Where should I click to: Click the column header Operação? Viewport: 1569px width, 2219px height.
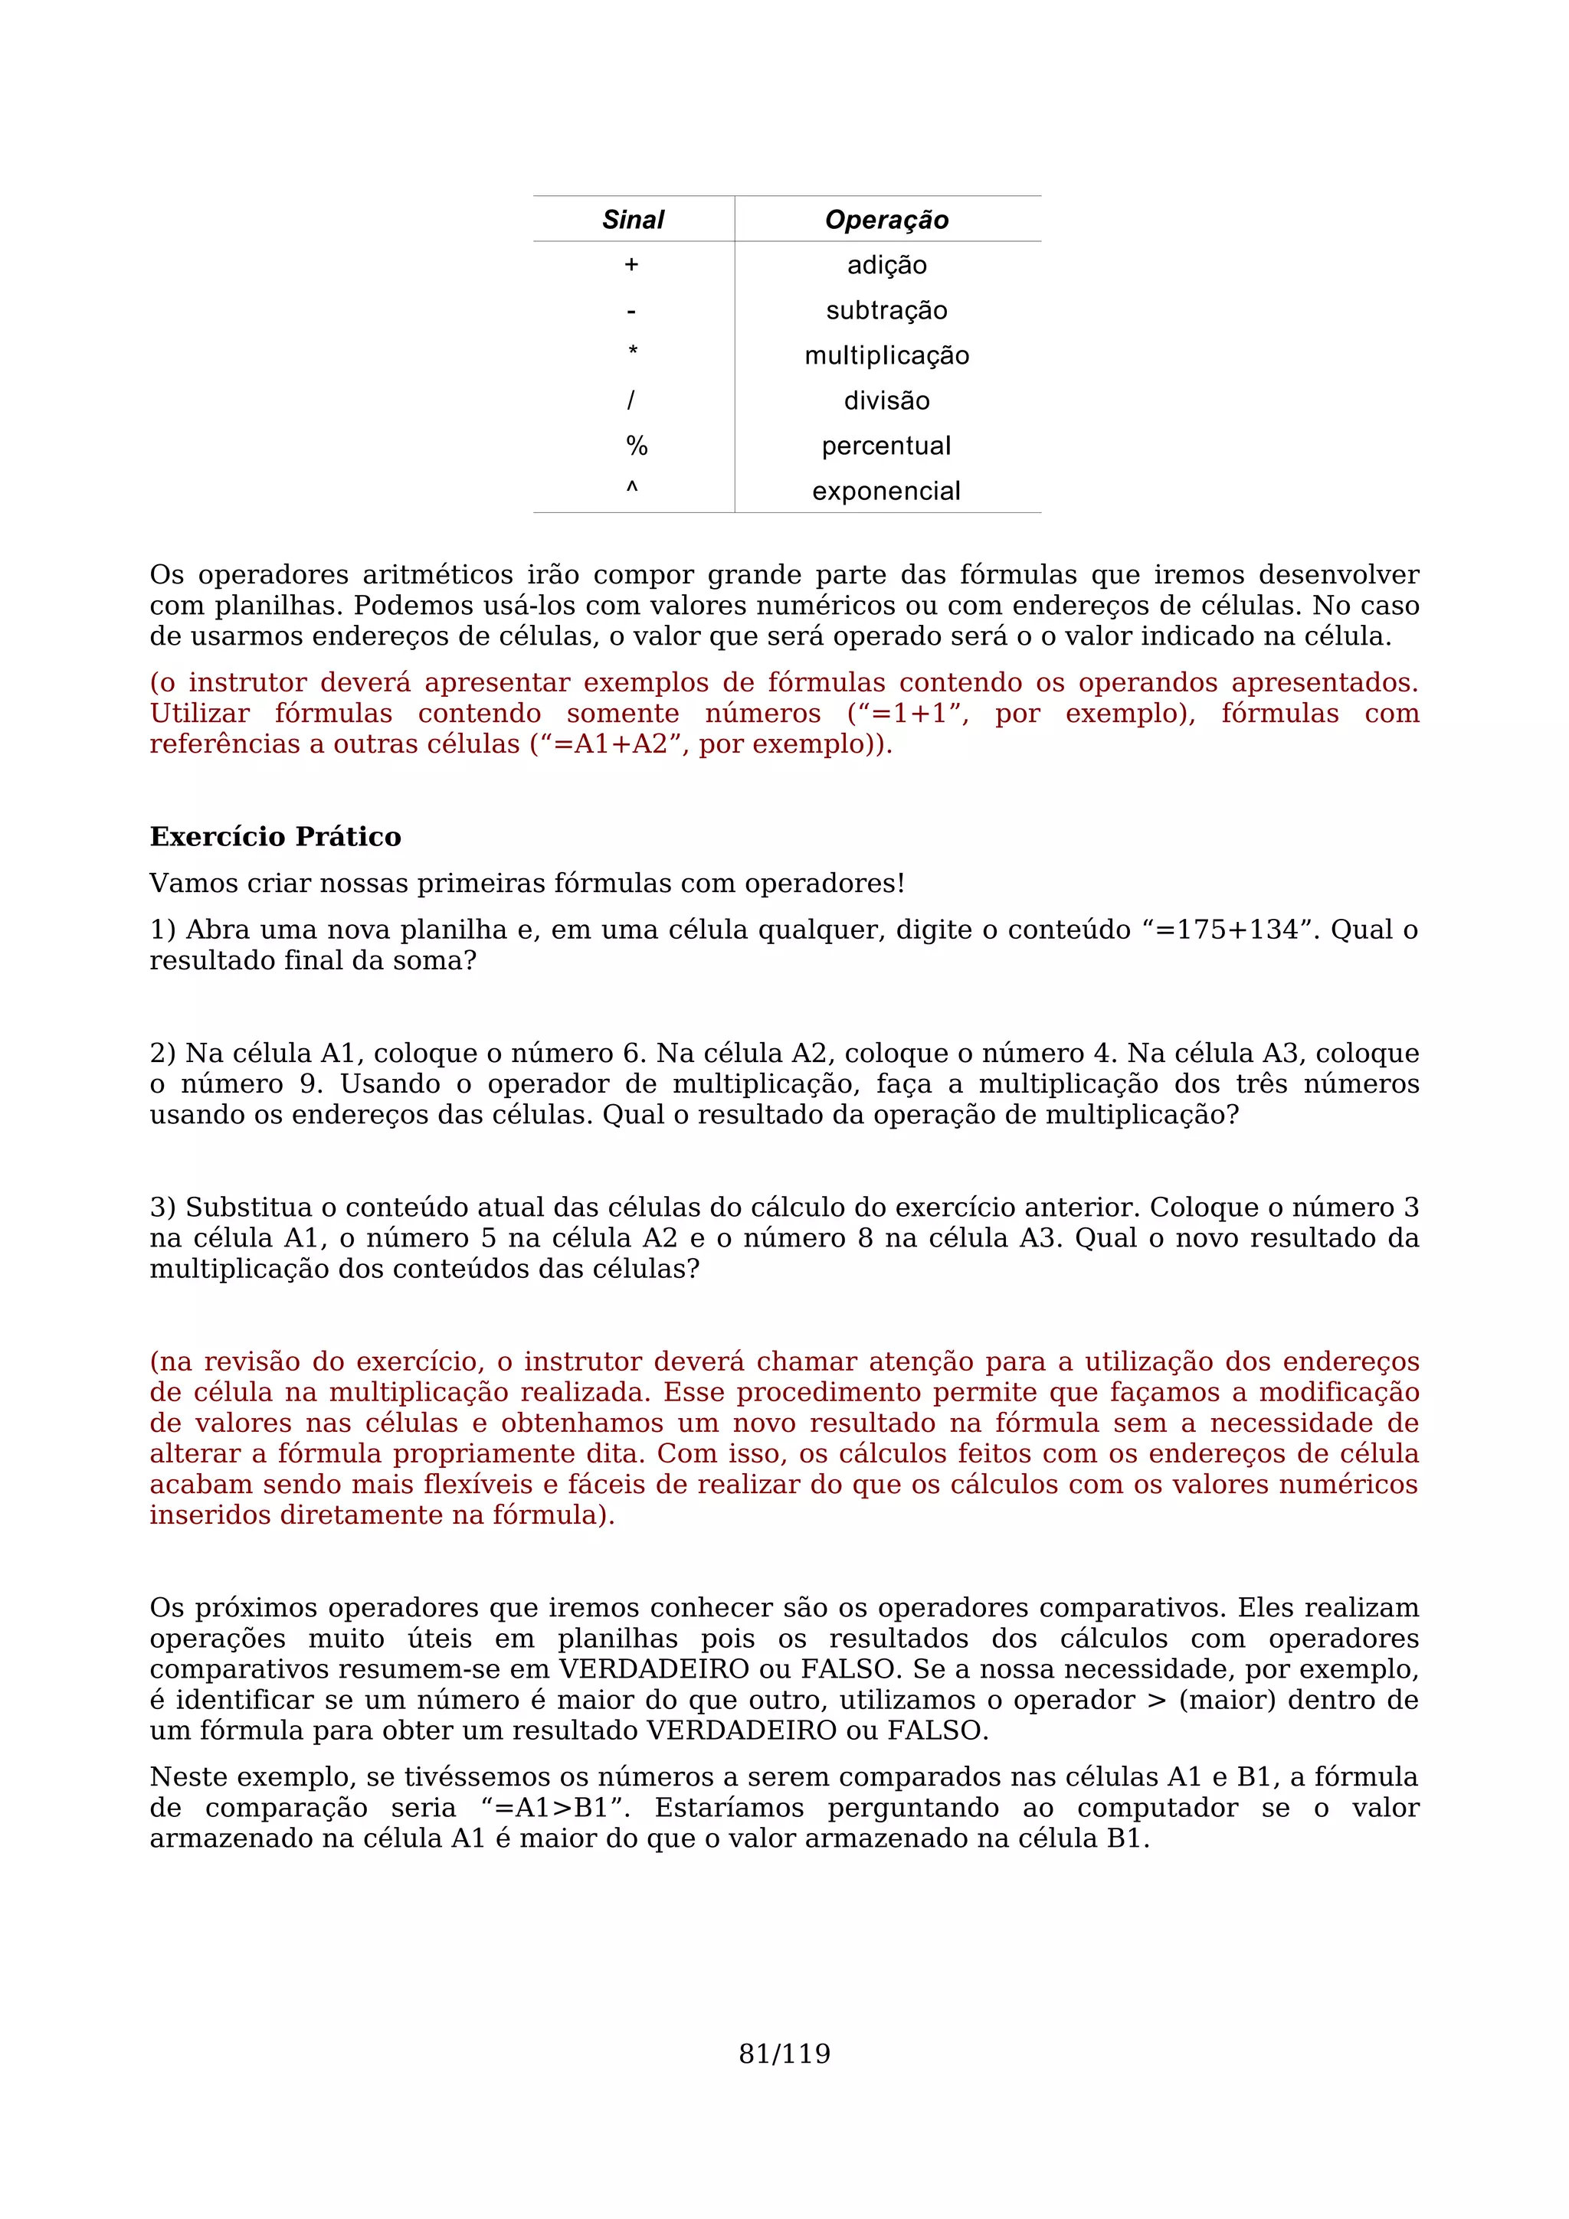pos(886,220)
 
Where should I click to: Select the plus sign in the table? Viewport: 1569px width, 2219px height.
pos(631,265)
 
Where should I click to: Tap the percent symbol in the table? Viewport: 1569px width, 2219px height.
pos(636,446)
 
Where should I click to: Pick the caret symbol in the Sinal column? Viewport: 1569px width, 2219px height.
pos(631,489)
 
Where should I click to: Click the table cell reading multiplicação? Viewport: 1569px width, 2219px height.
pos(886,355)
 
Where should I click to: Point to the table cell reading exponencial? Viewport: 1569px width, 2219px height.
pos(886,491)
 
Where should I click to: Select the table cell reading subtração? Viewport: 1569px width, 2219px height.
pos(886,310)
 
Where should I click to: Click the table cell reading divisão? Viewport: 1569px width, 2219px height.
pos(886,400)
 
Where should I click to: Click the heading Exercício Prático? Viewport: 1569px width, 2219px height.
pos(276,836)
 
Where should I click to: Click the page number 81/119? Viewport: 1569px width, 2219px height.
pos(784,2054)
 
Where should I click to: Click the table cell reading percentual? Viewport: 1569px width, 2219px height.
pos(886,446)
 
